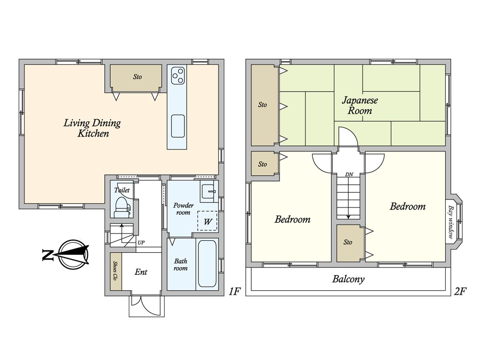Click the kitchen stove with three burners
[178, 76]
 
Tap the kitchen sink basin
[178, 126]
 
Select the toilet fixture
[122, 207]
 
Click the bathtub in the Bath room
[207, 264]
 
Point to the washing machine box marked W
[207, 221]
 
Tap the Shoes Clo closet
[116, 272]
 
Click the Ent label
[141, 272]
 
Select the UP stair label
[141, 242]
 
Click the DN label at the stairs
[349, 174]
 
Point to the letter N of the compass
[48, 255]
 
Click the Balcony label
[348, 279]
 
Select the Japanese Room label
[360, 105]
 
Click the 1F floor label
[234, 292]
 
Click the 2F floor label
[460, 292]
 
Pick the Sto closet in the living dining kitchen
[136, 78]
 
